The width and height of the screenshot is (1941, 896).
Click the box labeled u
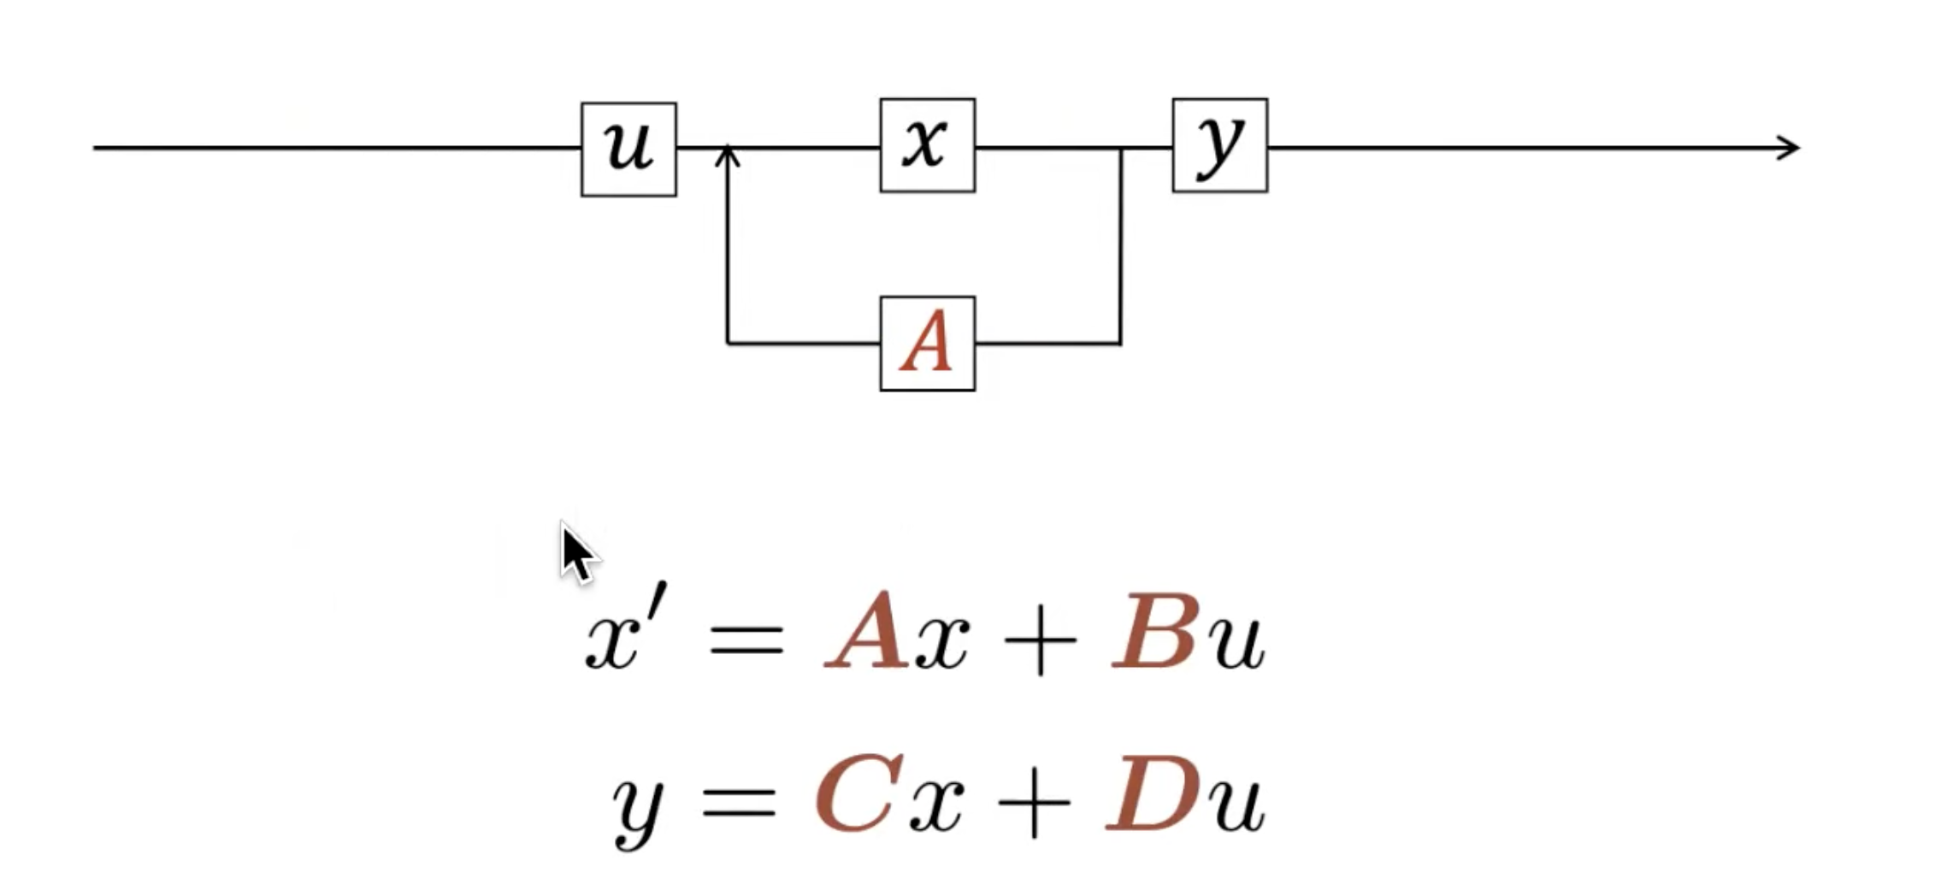(628, 150)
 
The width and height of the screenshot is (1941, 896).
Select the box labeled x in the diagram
(927, 145)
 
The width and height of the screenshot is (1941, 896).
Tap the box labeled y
(1219, 145)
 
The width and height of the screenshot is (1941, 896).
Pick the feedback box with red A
(927, 344)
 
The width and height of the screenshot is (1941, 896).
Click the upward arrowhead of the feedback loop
(727, 156)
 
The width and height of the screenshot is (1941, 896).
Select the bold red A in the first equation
(867, 633)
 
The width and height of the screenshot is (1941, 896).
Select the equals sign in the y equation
(739, 802)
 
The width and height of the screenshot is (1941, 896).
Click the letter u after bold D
(1236, 804)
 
